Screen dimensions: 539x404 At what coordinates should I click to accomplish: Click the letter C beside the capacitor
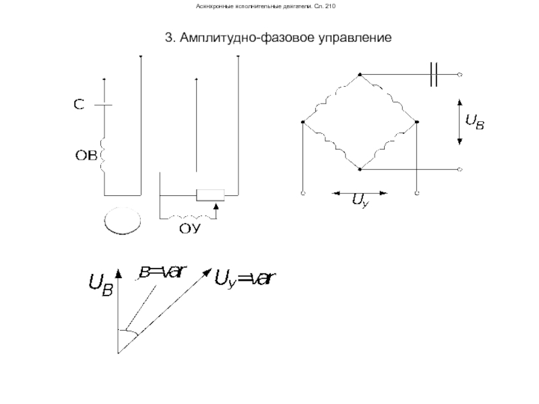tap(78, 105)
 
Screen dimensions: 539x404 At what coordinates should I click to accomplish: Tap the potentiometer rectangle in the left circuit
tap(210, 195)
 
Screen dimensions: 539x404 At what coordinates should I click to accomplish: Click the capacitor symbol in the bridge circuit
tap(435, 73)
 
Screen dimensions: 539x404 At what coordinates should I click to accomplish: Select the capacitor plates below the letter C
tap(104, 105)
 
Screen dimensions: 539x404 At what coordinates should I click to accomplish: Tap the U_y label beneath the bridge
tap(360, 201)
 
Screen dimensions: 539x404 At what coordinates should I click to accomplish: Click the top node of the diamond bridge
tap(360, 73)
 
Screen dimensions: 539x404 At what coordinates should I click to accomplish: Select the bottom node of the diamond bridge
tap(360, 168)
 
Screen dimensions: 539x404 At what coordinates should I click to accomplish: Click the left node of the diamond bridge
tap(303, 122)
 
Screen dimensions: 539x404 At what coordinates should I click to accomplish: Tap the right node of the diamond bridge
tap(417, 122)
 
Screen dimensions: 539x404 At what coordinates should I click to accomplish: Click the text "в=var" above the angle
tap(162, 273)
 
